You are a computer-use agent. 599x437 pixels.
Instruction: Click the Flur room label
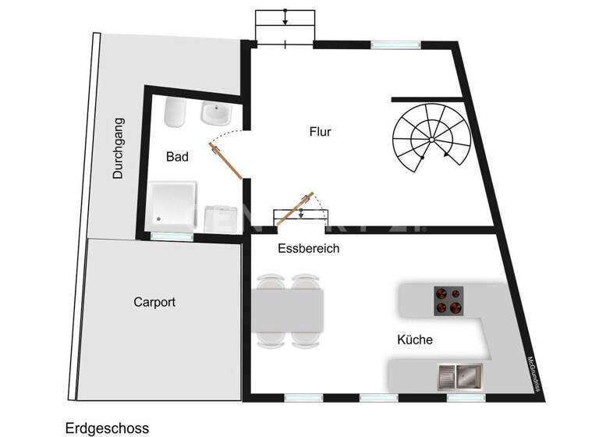click(x=320, y=132)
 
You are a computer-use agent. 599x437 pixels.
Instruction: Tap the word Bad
click(x=177, y=157)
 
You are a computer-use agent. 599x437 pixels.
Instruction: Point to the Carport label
click(x=154, y=302)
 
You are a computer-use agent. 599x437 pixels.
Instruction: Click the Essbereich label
click(x=308, y=249)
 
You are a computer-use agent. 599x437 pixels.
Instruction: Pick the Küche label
click(x=415, y=340)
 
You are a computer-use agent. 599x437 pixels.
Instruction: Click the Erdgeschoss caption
click(x=107, y=428)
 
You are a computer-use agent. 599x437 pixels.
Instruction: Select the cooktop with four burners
click(x=448, y=300)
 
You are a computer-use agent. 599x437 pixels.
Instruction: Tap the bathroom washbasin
click(x=214, y=115)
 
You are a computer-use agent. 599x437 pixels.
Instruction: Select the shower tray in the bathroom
click(x=172, y=206)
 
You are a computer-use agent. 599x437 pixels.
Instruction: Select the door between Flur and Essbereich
click(x=299, y=208)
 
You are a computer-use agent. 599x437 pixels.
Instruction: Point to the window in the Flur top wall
click(x=386, y=44)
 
